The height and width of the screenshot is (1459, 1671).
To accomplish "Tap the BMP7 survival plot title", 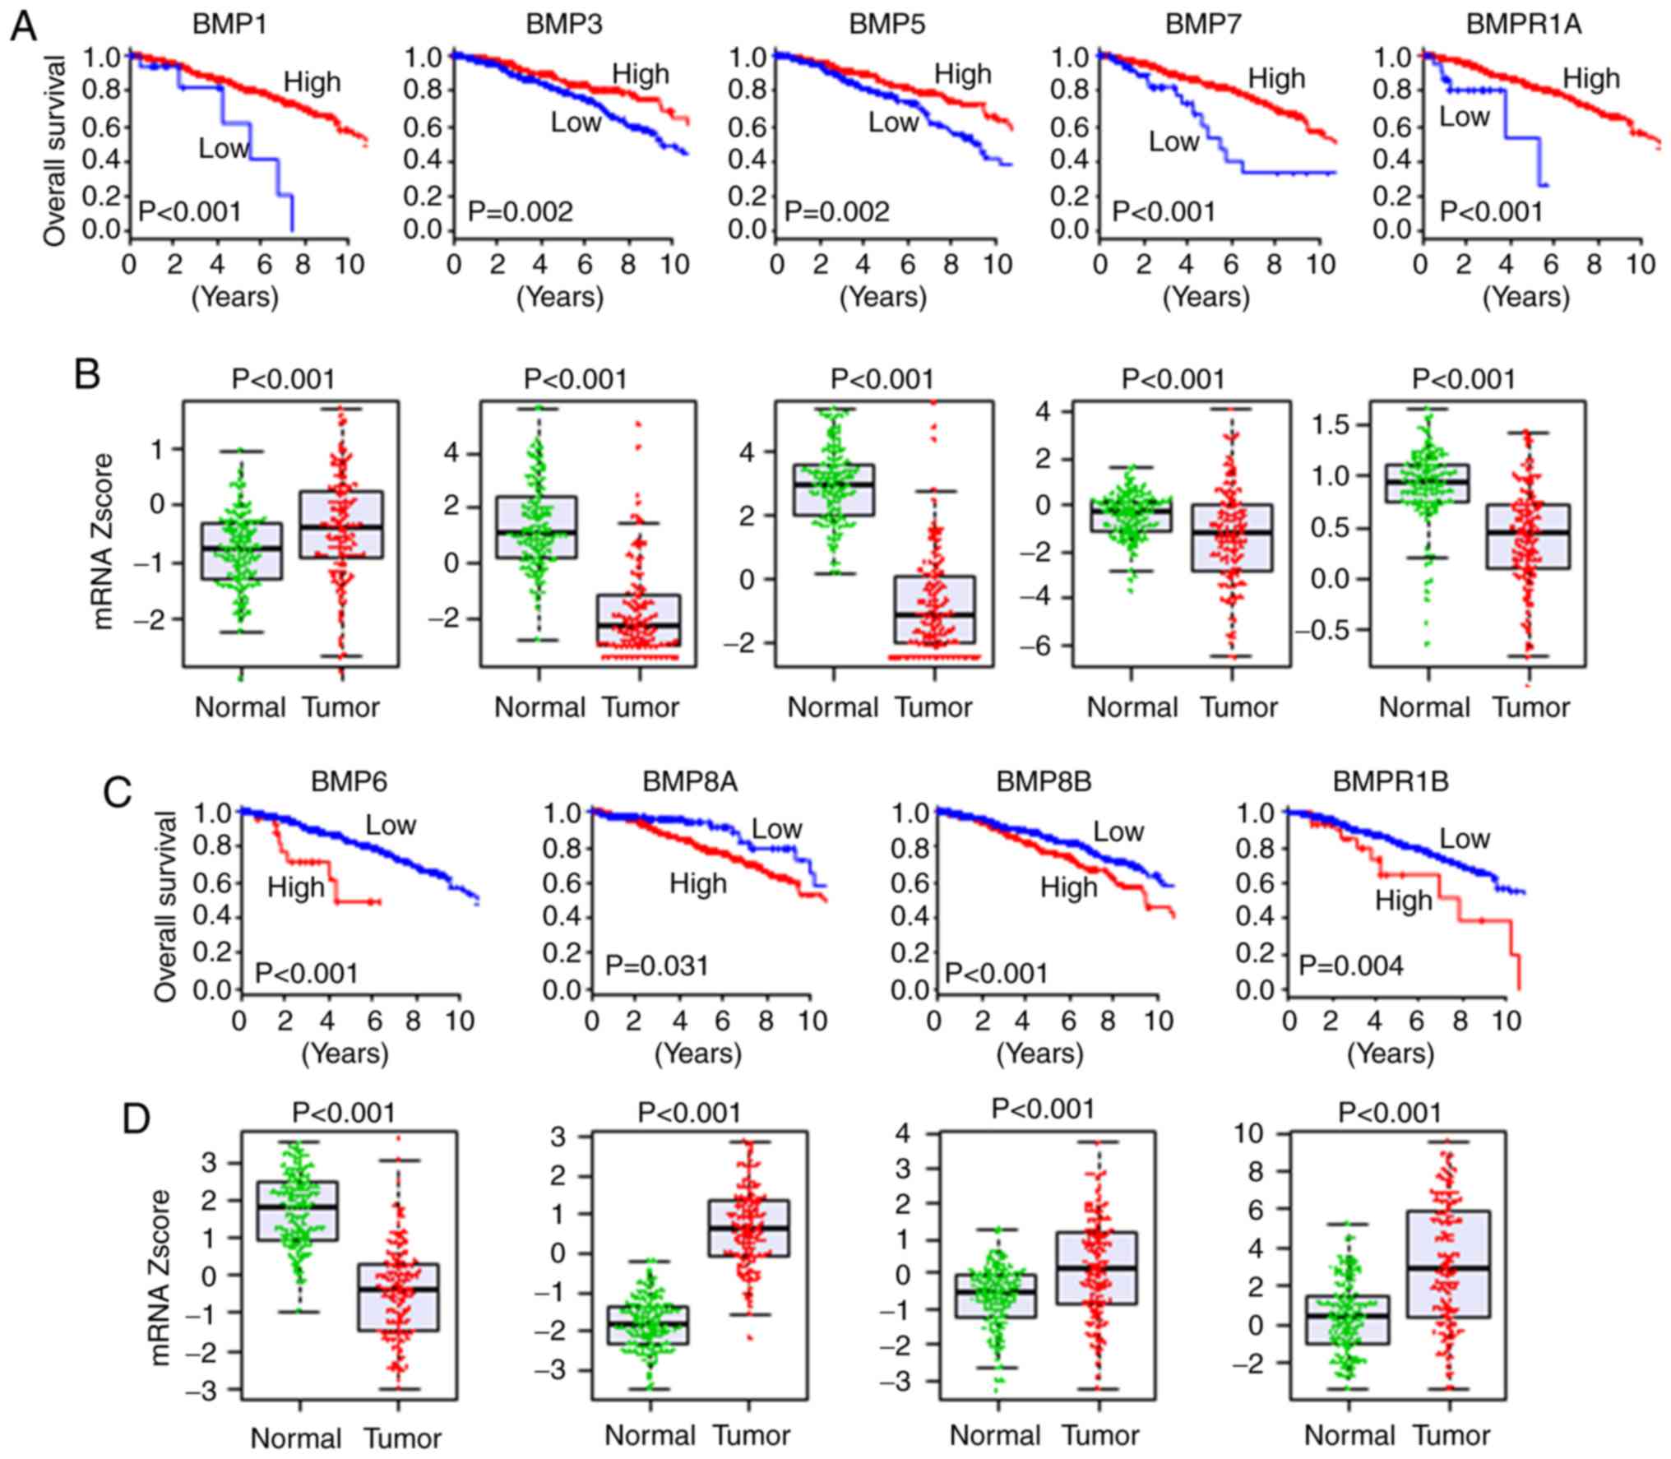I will [x=1203, y=24].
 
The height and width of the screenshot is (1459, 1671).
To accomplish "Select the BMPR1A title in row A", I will [x=1524, y=24].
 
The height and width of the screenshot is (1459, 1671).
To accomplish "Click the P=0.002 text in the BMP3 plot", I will [x=521, y=212].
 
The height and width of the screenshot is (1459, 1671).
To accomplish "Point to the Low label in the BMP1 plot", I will [x=223, y=148].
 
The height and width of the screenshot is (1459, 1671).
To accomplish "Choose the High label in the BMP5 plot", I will [x=963, y=75].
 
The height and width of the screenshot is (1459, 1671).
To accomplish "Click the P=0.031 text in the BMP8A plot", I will [x=657, y=965].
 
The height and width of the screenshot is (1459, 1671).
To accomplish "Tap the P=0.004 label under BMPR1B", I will [x=1351, y=965].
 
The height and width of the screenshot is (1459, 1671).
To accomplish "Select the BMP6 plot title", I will [x=349, y=780].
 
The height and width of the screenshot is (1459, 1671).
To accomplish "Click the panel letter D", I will [x=137, y=1119].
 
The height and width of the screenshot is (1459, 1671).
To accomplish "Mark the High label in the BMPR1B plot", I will [x=1405, y=901].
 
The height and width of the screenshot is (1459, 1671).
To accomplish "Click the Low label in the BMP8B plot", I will [x=1118, y=831].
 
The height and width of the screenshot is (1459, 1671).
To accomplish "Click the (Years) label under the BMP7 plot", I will [x=1206, y=296].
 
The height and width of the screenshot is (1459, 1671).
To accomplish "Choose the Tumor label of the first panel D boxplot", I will [x=402, y=1438].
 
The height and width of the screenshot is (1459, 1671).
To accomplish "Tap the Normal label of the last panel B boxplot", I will [x=1424, y=707].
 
